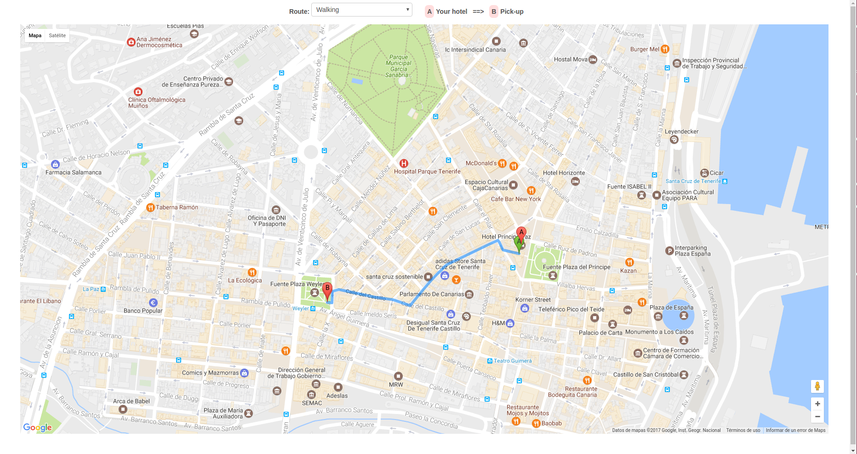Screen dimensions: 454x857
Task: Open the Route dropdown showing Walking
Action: [361, 10]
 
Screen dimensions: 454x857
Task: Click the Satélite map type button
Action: [57, 35]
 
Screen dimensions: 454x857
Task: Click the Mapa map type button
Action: [35, 35]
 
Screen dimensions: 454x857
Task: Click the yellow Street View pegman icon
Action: [817, 386]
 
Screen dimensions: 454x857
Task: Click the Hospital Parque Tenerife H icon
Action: [404, 163]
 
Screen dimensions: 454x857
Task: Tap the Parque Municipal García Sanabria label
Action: [398, 66]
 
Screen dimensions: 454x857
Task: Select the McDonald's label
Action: [481, 163]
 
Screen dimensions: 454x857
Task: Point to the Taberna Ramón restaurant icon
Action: [150, 207]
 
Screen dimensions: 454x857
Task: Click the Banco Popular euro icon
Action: [154, 303]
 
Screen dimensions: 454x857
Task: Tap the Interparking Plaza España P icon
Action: [669, 250]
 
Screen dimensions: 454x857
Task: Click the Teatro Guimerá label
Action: [512, 361]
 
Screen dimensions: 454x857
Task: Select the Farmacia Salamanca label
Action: [74, 172]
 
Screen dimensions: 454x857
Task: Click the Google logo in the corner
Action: [38, 427]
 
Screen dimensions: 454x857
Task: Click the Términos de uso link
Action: [743, 431]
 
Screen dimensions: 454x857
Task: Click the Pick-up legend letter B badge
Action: [494, 11]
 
